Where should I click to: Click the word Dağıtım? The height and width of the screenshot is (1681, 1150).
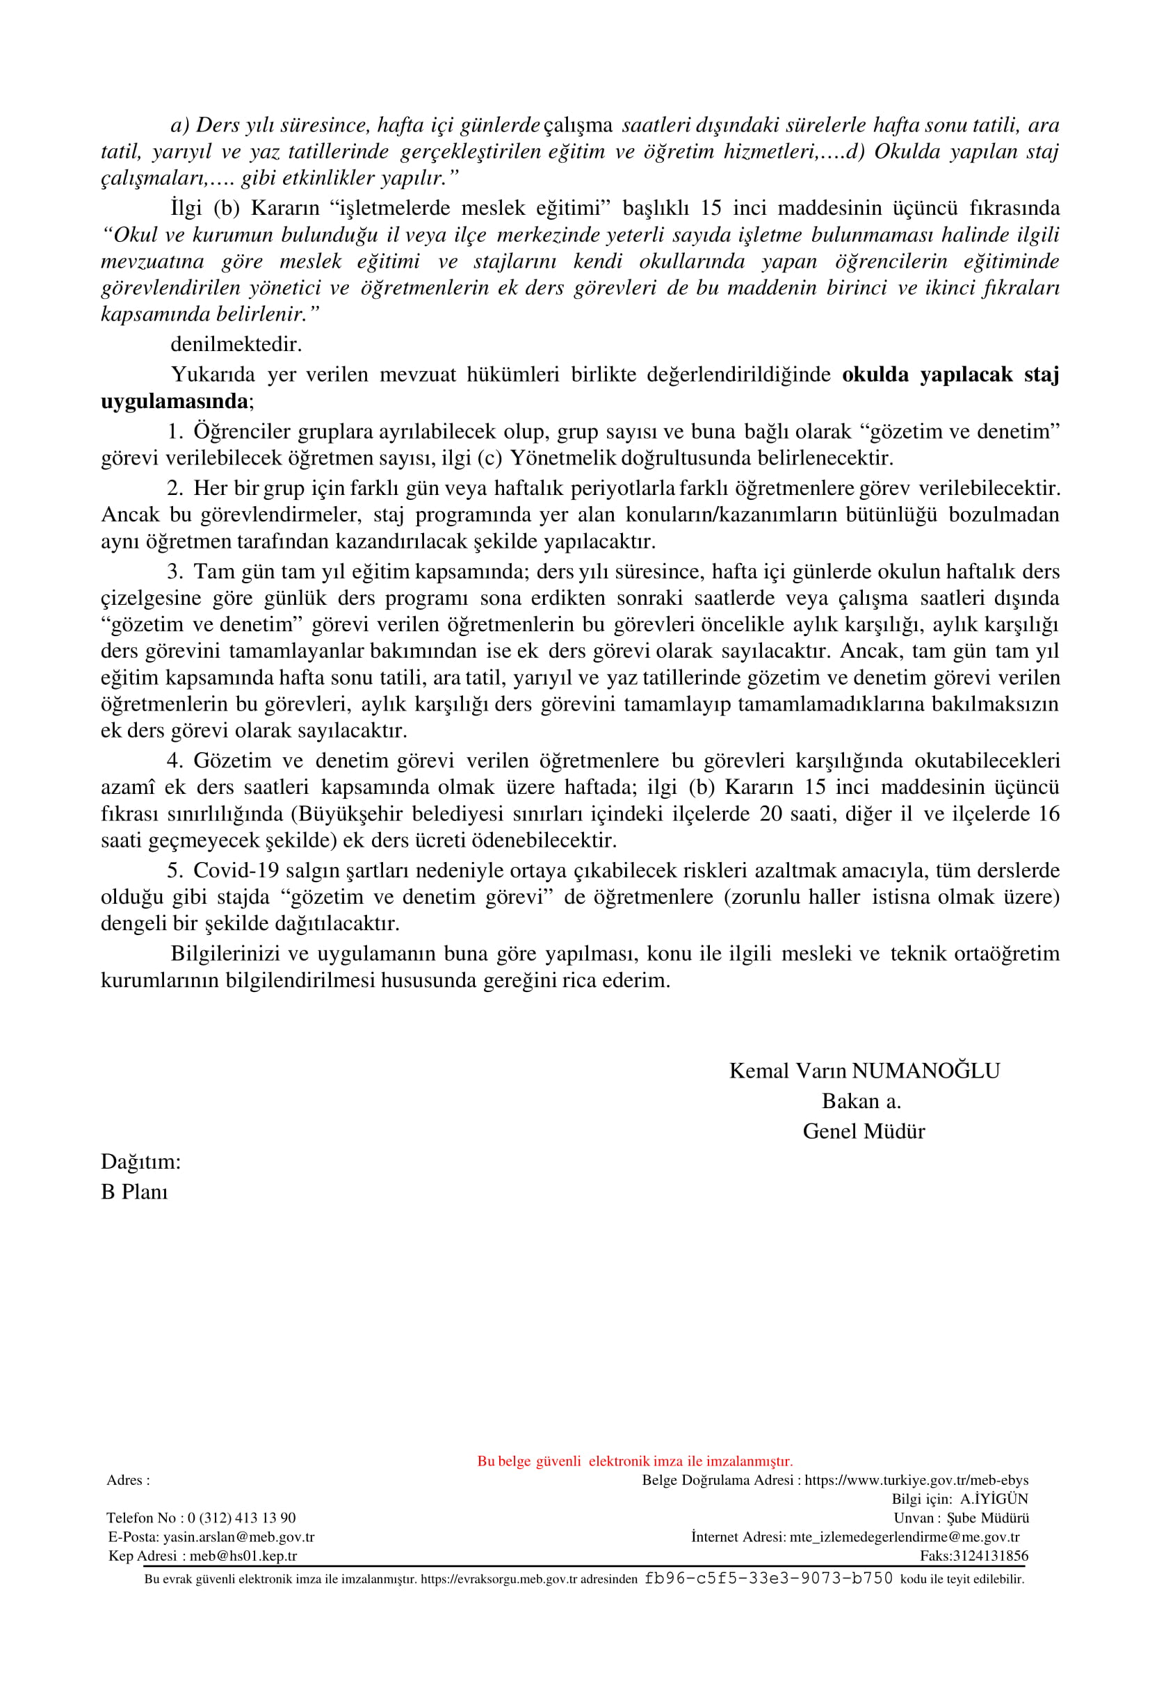pyautogui.click(x=140, y=1162)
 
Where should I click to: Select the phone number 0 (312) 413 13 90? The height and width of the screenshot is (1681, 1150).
pyautogui.click(x=241, y=1518)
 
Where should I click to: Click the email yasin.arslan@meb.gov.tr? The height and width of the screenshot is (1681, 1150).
pyautogui.click(x=238, y=1537)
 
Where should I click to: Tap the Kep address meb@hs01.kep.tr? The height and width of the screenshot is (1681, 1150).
pyautogui.click(x=243, y=1556)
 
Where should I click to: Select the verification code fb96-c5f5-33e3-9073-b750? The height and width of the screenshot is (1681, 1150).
pyautogui.click(x=768, y=1578)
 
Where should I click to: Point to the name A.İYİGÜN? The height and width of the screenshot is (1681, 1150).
pyautogui.click(x=994, y=1499)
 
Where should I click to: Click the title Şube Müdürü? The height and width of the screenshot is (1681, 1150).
pyautogui.click(x=987, y=1518)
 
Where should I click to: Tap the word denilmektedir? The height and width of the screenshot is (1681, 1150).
pyautogui.click(x=236, y=344)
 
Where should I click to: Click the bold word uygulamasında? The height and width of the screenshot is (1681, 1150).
pyautogui.click(x=175, y=400)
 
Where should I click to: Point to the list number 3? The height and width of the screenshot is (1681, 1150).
pyautogui.click(x=175, y=571)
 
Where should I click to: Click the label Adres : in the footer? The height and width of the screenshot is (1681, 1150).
pyautogui.click(x=128, y=1480)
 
